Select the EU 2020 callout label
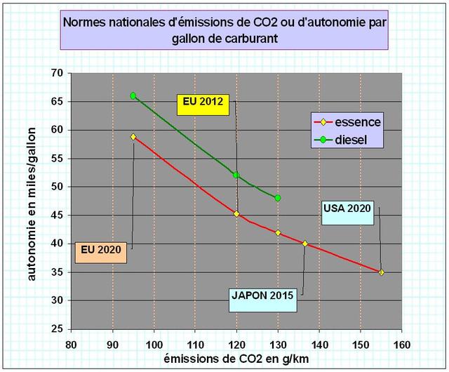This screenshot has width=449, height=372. [102, 249]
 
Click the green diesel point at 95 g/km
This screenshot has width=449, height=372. [133, 95]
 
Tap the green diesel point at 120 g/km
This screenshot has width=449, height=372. [236, 175]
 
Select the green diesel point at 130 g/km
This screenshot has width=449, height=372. [278, 198]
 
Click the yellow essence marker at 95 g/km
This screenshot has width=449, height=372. [133, 137]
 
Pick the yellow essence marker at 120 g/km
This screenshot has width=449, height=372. [236, 213]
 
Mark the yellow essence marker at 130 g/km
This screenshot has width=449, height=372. [278, 232]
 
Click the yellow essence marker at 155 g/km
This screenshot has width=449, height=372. [381, 272]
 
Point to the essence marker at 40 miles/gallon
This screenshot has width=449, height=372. [304, 244]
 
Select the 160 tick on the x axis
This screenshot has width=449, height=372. [401, 345]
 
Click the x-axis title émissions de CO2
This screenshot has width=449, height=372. [236, 359]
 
